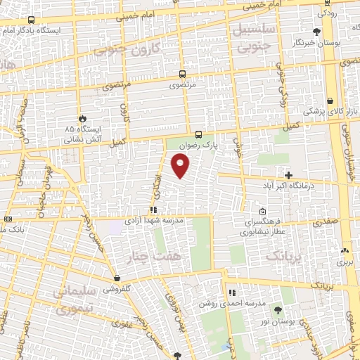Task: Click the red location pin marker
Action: pos(180,165)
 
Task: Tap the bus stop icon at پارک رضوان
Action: pos(198,134)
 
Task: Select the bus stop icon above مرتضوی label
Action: pos(182,74)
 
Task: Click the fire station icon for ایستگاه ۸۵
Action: pos(84,119)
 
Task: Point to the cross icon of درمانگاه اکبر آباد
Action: pos(288,174)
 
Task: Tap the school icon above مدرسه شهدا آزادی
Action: pos(153,210)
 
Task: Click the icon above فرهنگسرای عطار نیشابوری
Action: pos(262,212)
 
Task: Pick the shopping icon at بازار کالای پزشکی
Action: pos(330,101)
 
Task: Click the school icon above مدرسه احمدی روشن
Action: pos(231,292)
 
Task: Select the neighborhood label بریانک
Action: pos(283,257)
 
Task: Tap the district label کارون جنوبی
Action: pos(127,49)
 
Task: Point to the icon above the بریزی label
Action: pos(344,250)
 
